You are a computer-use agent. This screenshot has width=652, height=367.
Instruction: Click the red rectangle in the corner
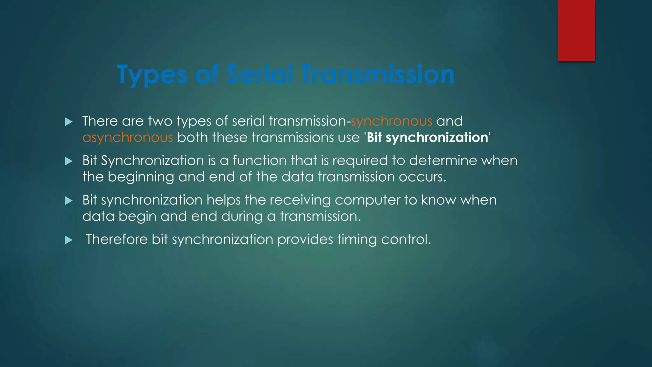[x=576, y=31]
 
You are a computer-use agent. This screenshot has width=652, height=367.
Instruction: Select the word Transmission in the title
[x=378, y=74]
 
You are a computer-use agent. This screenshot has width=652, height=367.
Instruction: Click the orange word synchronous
[x=391, y=121]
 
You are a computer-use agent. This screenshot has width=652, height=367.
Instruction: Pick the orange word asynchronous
[x=128, y=138]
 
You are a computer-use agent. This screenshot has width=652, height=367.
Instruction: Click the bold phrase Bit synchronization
[x=427, y=138]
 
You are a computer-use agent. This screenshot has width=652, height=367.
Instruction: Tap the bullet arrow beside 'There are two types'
[x=68, y=122]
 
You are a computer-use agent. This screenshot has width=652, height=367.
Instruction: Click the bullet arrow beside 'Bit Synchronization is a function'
[x=68, y=161]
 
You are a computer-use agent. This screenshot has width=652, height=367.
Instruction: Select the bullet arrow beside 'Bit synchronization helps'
[x=68, y=201]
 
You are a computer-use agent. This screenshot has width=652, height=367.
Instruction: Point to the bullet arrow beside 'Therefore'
[x=68, y=240]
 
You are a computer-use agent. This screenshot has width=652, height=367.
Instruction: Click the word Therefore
[x=117, y=239]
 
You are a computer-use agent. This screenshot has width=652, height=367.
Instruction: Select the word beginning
[x=141, y=177]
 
